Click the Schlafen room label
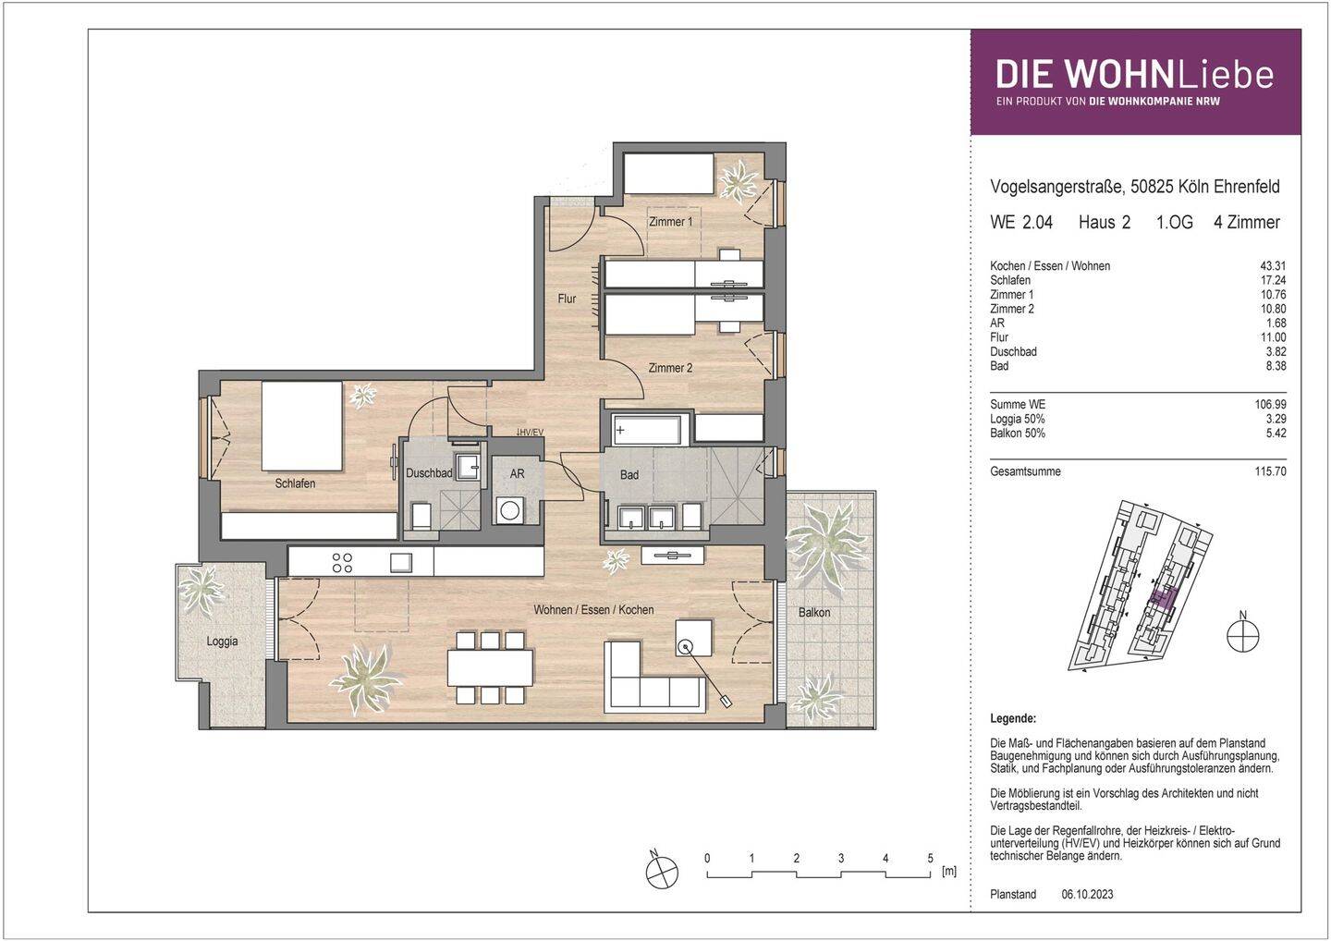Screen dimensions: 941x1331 (295, 483)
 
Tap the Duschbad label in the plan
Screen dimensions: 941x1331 (429, 473)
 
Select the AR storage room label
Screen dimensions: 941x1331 (517, 473)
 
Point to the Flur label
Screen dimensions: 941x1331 (567, 299)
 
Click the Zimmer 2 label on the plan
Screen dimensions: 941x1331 (670, 368)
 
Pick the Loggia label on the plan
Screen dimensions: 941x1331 (222, 641)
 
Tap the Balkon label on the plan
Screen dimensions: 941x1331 (814, 612)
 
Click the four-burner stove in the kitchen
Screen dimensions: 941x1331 (342, 562)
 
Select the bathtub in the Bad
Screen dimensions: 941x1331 (647, 430)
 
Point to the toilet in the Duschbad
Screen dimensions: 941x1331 (421, 517)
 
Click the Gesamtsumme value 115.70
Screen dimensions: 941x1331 (1270, 471)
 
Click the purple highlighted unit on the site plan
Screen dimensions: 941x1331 (1163, 598)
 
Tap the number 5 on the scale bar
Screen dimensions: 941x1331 (930, 859)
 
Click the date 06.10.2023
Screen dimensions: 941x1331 (1088, 895)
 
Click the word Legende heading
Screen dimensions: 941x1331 (1013, 718)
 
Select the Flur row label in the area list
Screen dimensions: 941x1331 (998, 337)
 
